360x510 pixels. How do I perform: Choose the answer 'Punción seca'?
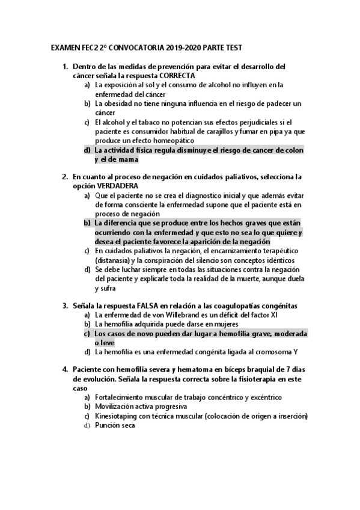pos(115,425)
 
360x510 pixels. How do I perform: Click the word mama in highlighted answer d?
pos(127,159)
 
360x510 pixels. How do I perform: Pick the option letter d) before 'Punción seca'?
pos(87,425)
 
